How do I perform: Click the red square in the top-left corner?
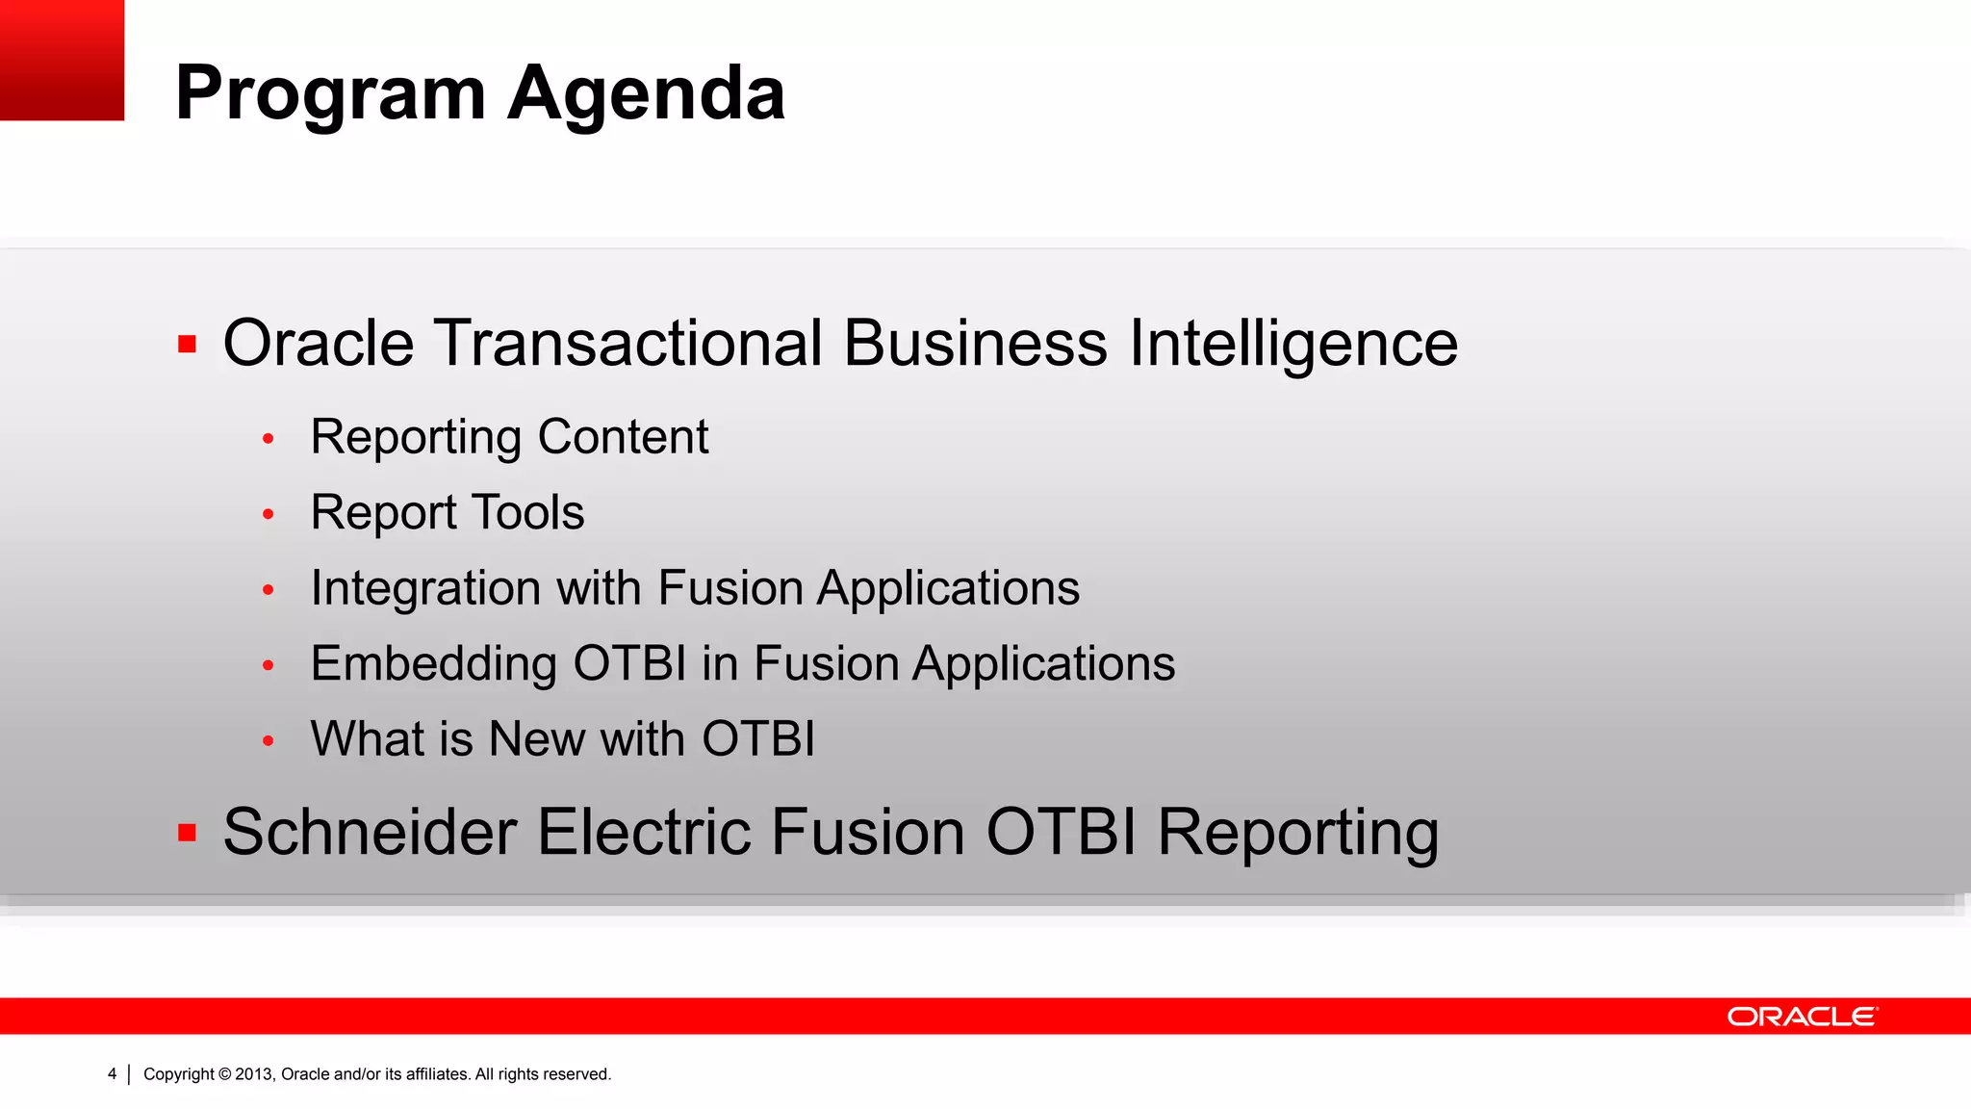[x=62, y=60]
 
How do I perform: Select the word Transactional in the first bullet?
[x=628, y=344]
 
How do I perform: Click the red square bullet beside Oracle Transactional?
[x=188, y=345]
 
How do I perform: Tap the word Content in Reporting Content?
[x=623, y=437]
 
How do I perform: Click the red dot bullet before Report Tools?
[x=269, y=514]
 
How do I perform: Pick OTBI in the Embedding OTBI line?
[x=629, y=664]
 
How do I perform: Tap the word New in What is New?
[x=536, y=739]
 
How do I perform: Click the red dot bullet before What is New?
[x=269, y=741]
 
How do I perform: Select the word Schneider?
[x=370, y=832]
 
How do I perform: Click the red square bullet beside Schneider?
[x=188, y=833]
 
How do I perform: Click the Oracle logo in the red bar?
[x=1802, y=1017]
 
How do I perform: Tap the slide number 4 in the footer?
[x=112, y=1074]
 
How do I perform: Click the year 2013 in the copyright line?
[x=254, y=1074]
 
